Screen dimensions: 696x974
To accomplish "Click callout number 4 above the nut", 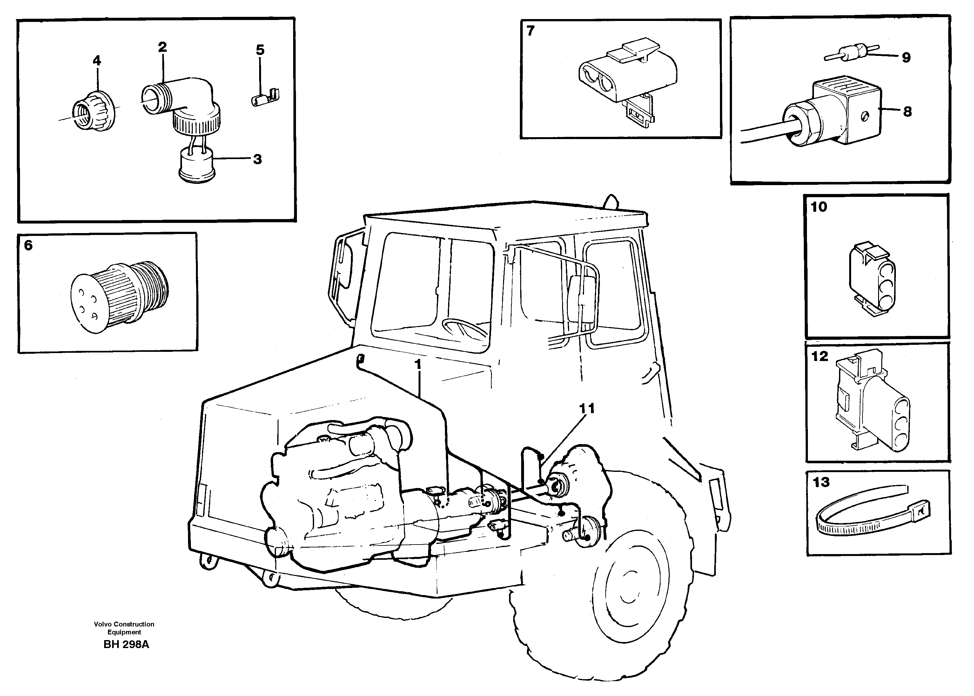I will (97, 61).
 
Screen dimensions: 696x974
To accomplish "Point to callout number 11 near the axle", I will (587, 408).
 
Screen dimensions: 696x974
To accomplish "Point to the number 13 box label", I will (821, 483).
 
